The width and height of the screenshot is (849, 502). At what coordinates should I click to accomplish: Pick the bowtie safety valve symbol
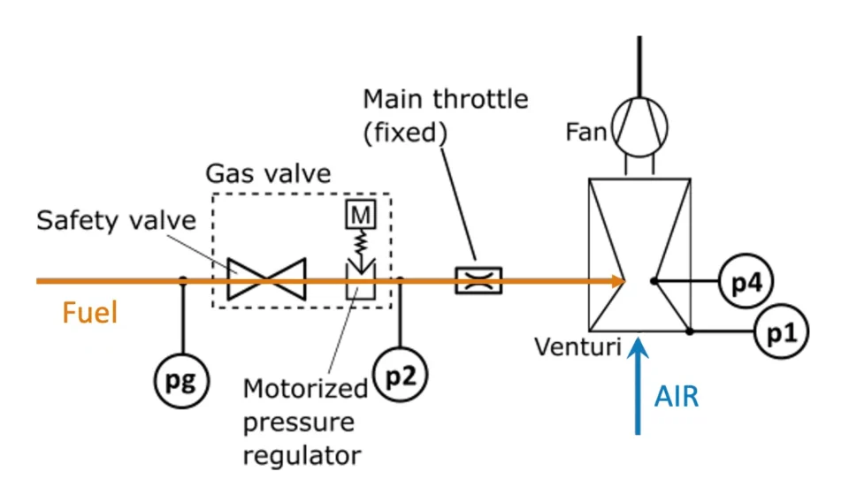coord(267,280)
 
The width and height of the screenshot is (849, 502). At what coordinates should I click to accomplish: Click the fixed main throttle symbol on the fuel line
coord(478,281)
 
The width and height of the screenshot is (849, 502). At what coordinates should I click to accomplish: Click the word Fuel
coord(89,313)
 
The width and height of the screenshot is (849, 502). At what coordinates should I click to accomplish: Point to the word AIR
coord(677,397)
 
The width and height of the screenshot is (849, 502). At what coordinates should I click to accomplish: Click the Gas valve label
coord(268,173)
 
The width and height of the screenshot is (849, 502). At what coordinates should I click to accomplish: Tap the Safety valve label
coord(116,220)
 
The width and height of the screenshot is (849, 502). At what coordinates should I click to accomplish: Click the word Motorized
coord(305,389)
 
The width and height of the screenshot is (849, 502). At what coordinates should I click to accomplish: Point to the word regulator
coord(302,456)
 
